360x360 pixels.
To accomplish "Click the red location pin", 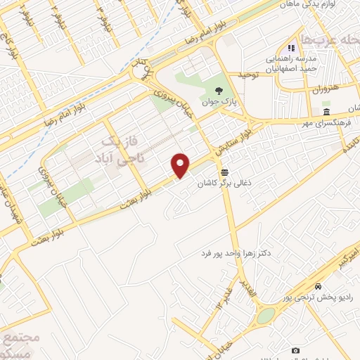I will coord(181,165).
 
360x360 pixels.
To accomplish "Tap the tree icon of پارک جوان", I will coord(219,90).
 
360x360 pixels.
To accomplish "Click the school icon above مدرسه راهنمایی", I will coord(292,48).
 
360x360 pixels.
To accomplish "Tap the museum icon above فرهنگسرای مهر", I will coord(326,112).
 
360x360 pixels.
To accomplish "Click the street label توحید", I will coord(249,74).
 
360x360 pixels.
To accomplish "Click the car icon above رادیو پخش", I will coord(319,286).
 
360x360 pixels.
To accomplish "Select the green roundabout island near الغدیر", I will coord(266,316).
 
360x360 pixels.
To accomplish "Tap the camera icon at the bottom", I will coord(295,349).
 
